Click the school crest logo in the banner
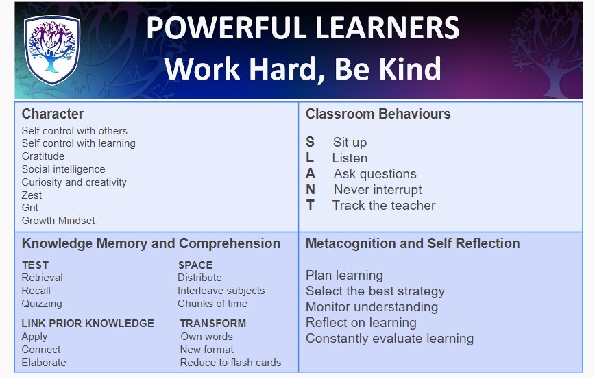[x=52, y=50]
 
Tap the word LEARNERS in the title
[x=387, y=27]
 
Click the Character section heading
[x=53, y=114]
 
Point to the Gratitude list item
[x=43, y=156]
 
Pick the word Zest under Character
[x=32, y=195]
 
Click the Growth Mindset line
[x=58, y=220]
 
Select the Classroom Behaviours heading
[x=378, y=114]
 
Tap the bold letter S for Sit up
[x=310, y=142]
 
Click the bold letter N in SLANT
[x=311, y=189]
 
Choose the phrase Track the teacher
[x=384, y=205]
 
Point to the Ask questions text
[x=375, y=173]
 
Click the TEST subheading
[x=35, y=265]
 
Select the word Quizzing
[x=42, y=304]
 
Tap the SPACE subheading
[x=195, y=265]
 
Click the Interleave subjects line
[x=221, y=291]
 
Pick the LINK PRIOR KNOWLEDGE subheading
[x=88, y=323]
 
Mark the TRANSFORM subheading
[x=213, y=323]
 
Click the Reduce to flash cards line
[x=231, y=363]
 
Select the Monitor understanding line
[x=372, y=307]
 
